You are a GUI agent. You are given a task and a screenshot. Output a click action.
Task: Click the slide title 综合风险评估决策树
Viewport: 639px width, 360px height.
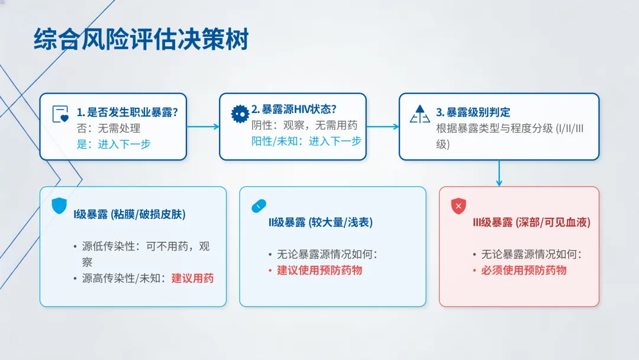(x=141, y=39)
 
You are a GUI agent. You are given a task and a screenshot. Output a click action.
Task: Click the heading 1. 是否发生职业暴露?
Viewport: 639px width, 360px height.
(x=127, y=112)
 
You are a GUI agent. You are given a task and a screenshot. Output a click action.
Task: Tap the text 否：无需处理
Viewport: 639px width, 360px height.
(x=108, y=128)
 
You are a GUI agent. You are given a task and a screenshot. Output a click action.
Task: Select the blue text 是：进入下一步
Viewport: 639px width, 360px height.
(x=114, y=144)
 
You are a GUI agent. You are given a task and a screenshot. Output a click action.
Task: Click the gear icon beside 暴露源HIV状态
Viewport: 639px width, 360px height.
(x=240, y=114)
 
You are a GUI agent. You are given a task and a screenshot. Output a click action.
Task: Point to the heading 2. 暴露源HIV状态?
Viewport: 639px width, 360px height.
(x=294, y=110)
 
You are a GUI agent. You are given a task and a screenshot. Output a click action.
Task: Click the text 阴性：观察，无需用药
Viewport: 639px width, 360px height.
(x=305, y=125)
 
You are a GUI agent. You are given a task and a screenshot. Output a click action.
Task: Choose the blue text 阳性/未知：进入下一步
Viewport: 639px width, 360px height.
(x=306, y=141)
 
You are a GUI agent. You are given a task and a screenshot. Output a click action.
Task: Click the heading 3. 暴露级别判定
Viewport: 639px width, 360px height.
(x=473, y=112)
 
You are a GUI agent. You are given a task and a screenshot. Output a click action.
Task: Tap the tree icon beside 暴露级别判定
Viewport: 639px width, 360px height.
(x=419, y=114)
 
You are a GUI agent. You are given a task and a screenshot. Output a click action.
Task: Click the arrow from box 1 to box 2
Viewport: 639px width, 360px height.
(x=203, y=127)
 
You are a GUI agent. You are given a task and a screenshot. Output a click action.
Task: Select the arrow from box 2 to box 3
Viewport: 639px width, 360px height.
(x=383, y=127)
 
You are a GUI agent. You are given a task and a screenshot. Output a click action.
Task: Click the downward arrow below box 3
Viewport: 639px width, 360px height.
(x=499, y=173)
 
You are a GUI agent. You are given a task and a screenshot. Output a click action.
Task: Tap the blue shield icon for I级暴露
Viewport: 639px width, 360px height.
(x=59, y=206)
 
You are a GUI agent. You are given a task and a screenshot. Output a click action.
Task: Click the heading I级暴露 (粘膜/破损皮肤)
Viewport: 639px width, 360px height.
(x=130, y=214)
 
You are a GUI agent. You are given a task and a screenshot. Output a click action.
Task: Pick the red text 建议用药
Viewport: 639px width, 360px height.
(x=192, y=278)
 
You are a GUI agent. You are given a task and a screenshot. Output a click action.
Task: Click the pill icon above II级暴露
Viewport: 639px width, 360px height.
(x=259, y=206)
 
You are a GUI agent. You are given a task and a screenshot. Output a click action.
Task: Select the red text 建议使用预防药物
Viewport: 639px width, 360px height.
(x=319, y=271)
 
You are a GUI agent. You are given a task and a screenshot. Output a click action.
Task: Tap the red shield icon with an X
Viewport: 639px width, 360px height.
(x=459, y=206)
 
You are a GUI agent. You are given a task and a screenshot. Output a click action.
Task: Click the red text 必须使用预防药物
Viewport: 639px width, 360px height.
(x=524, y=271)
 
